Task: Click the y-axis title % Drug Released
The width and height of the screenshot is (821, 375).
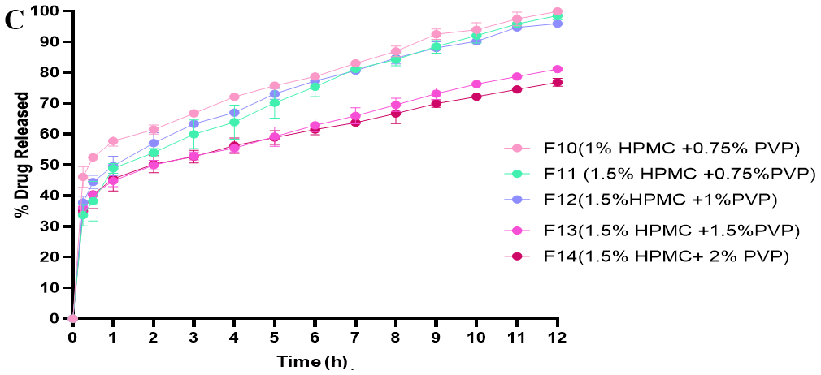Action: point(24,155)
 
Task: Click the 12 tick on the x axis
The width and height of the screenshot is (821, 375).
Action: point(558,336)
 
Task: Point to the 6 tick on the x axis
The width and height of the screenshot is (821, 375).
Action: point(315,336)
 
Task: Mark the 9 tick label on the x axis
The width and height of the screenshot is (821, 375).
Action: point(436,336)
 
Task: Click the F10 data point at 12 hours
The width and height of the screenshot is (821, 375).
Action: point(558,12)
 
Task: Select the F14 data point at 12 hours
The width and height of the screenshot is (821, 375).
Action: point(558,83)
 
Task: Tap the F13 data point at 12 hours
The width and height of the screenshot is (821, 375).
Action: point(558,70)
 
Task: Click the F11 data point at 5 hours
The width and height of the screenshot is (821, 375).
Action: point(275,103)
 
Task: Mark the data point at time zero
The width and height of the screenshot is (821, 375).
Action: point(72,318)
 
